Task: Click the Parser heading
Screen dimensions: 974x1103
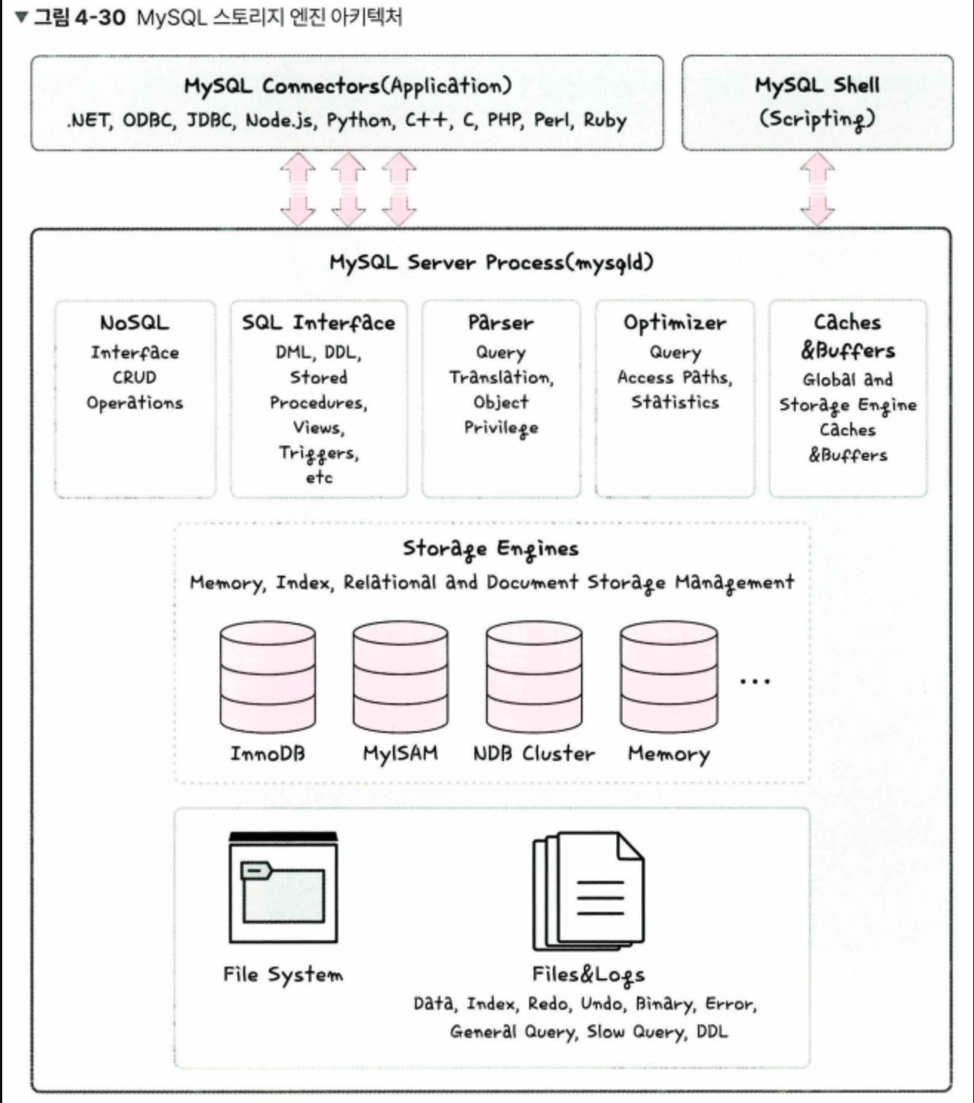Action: (500, 323)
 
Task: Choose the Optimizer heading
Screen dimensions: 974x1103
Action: (674, 323)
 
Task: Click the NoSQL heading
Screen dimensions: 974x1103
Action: (135, 323)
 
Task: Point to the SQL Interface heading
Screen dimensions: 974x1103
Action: (318, 323)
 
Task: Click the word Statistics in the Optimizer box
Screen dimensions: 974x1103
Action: (675, 402)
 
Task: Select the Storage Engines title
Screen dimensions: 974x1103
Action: (491, 549)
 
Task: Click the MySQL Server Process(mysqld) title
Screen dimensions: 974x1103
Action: (491, 262)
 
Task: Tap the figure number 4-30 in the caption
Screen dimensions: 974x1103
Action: (100, 16)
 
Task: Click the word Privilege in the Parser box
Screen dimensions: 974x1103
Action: (501, 428)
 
